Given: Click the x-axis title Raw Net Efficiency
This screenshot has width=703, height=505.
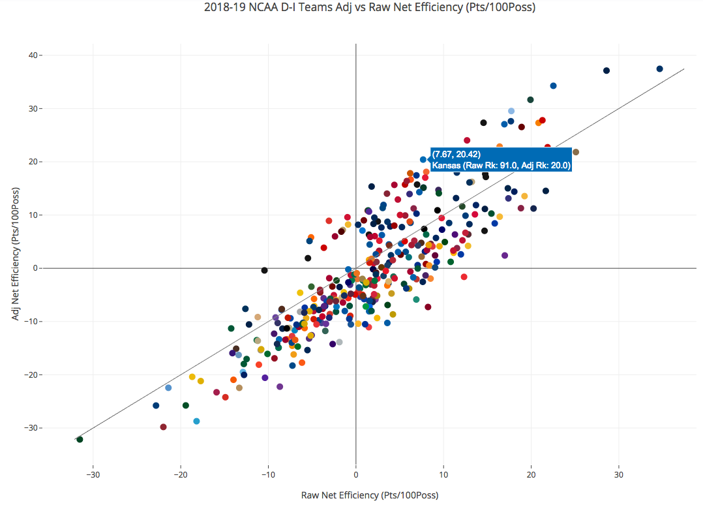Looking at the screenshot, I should (x=370, y=495).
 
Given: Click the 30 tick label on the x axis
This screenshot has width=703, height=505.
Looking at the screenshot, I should (x=618, y=474).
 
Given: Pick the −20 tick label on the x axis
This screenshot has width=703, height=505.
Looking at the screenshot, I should (x=180, y=474).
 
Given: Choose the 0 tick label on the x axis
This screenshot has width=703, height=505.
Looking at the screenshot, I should (x=356, y=474).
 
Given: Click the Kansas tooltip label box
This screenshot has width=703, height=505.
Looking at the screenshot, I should (x=501, y=160).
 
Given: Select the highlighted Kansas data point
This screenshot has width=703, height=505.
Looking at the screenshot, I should (x=423, y=159).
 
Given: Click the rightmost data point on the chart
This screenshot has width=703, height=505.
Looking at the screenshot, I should (x=659, y=69).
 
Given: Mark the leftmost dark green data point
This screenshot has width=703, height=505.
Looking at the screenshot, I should (x=80, y=440).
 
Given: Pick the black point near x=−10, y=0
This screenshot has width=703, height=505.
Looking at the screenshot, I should (x=264, y=270).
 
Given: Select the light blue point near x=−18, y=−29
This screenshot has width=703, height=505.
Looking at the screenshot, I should (x=196, y=421).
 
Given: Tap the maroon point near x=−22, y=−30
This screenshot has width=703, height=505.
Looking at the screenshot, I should (x=163, y=427).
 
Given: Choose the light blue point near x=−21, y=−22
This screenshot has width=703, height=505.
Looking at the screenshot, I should (x=168, y=388).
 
